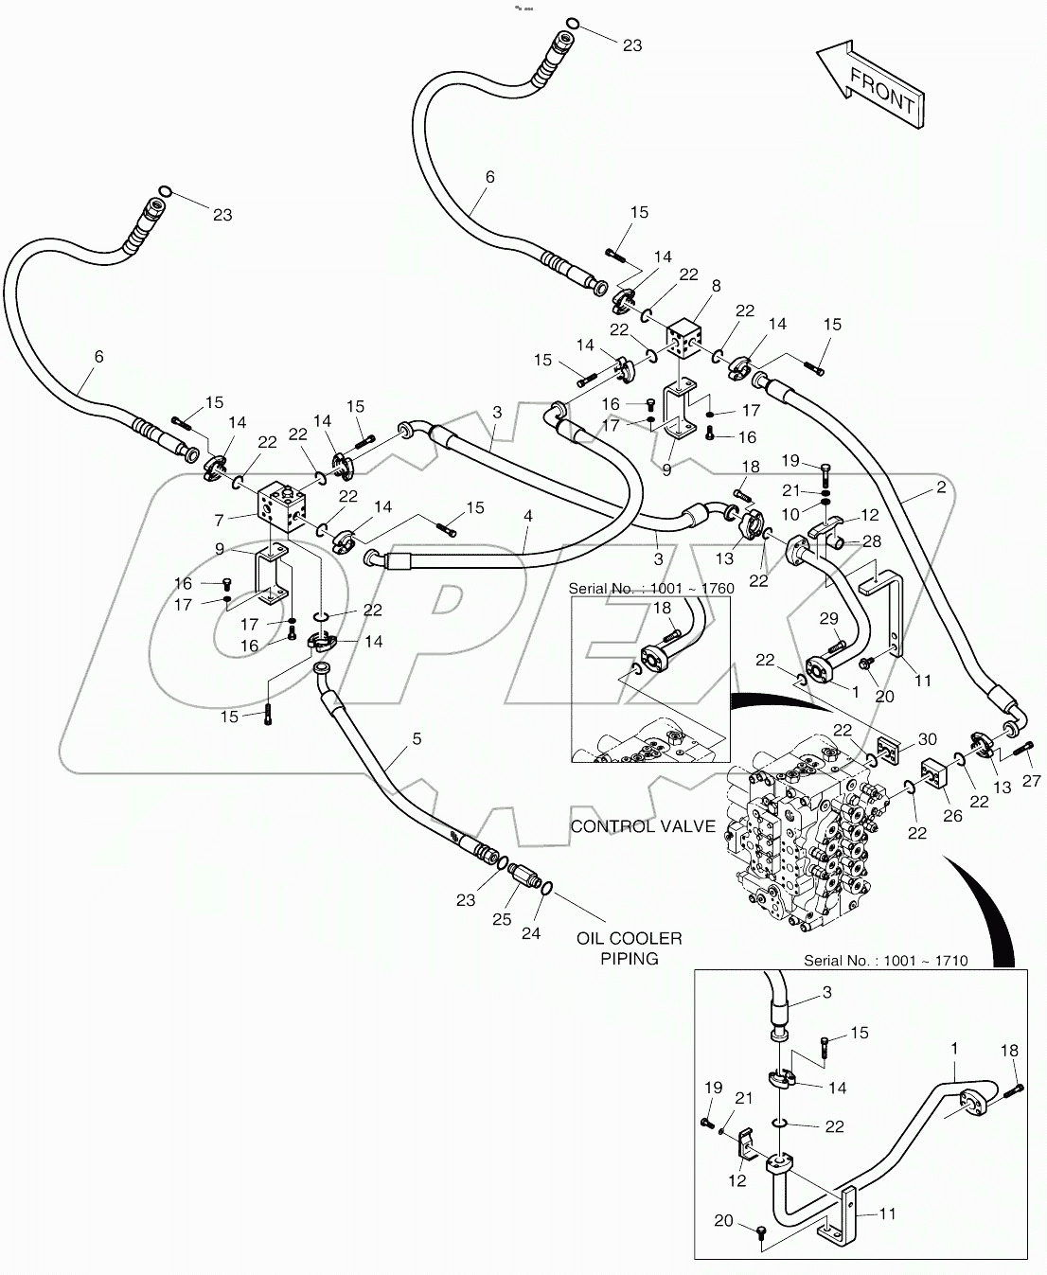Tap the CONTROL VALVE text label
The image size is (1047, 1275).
pyautogui.click(x=642, y=826)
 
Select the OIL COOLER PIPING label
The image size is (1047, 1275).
pyautogui.click(x=629, y=947)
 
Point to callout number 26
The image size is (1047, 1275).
pyautogui.click(x=952, y=816)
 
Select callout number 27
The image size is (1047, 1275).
pyautogui.click(x=1031, y=781)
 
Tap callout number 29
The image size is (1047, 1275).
pyautogui.click(x=828, y=618)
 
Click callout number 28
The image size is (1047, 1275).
pyautogui.click(x=872, y=540)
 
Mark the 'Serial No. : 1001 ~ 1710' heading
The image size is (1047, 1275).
pyautogui.click(x=885, y=961)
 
